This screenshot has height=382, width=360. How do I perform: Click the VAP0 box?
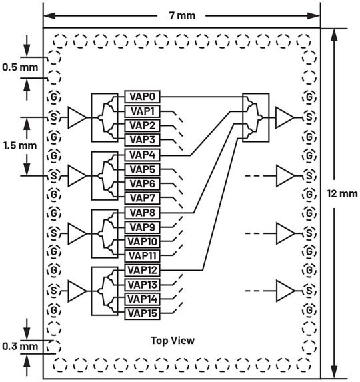tap(142, 97)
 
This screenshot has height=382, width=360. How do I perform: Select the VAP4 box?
tap(142, 155)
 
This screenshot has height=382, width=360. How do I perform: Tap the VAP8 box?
tap(142, 212)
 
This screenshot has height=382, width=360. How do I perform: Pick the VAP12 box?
tap(142, 270)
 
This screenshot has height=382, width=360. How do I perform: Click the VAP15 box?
tap(142, 313)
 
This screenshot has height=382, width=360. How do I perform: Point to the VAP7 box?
tap(142, 197)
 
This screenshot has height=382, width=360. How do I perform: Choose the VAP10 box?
tap(142, 241)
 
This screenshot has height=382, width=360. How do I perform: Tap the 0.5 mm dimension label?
tap(19, 67)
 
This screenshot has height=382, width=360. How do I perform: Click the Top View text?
tap(173, 341)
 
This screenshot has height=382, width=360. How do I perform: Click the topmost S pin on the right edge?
tap(308, 117)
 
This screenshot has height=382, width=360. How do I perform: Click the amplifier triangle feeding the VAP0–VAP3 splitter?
tap(78, 117)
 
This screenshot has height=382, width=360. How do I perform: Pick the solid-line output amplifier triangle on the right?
tap(285, 117)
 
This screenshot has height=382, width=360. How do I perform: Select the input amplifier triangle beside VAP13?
tap(78, 291)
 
